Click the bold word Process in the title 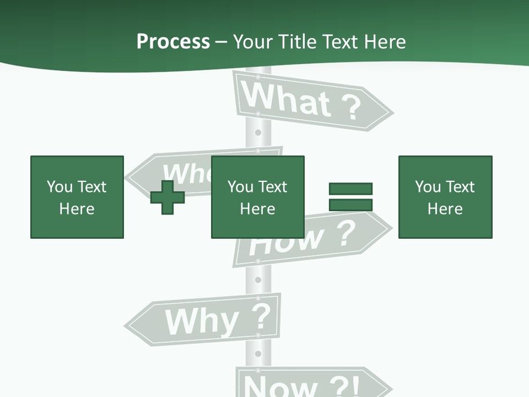(x=173, y=42)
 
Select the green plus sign (x=168, y=197)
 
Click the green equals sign (x=350, y=197)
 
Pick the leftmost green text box (x=77, y=197)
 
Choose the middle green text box (x=257, y=197)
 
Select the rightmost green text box (x=445, y=197)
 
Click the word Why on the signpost (x=202, y=320)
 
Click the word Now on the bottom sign (x=276, y=386)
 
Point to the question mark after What (x=349, y=108)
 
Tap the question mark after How (x=345, y=234)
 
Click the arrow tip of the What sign (x=391, y=113)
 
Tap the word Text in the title (x=339, y=42)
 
